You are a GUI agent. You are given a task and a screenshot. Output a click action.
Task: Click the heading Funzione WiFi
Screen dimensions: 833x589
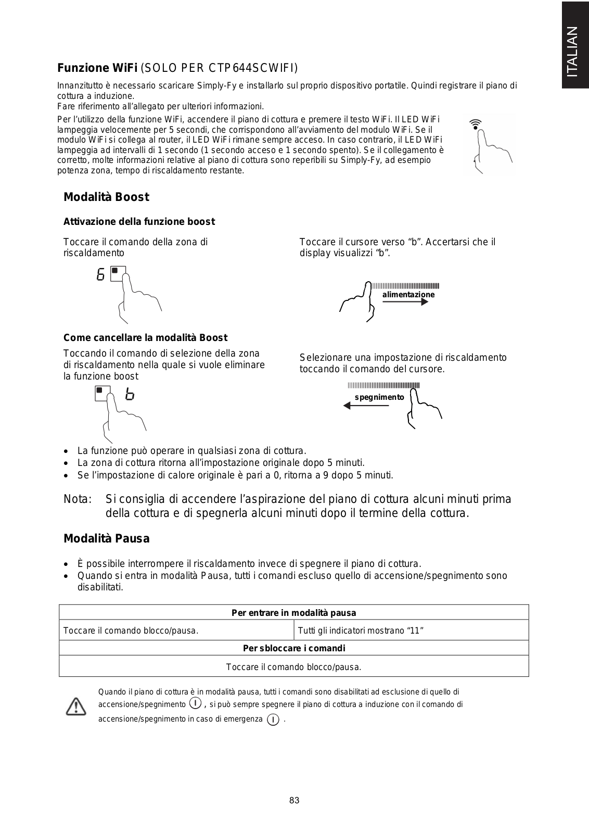tap(97, 68)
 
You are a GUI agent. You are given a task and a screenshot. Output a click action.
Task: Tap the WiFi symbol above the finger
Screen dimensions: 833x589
tap(475, 124)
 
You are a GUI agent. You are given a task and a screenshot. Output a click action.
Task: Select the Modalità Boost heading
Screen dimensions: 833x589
tap(106, 197)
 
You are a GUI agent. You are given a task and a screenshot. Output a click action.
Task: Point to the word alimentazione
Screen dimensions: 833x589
tap(408, 295)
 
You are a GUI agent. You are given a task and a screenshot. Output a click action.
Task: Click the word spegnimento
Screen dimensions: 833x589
tap(379, 397)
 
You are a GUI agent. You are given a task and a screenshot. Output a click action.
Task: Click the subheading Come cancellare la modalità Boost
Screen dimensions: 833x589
tap(145, 338)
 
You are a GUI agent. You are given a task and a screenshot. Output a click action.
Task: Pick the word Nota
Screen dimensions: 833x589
tap(78, 499)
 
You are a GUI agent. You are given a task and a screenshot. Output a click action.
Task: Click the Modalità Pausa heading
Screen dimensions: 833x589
tap(106, 539)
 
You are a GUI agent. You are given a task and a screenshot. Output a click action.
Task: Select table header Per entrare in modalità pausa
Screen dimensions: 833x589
tap(293, 613)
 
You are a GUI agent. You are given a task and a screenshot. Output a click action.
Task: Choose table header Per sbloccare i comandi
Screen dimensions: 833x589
tap(294, 648)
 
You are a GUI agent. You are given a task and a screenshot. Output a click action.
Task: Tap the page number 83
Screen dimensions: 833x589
tap(294, 800)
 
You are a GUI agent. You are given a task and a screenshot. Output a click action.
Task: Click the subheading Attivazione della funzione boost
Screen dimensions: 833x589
tap(139, 222)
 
